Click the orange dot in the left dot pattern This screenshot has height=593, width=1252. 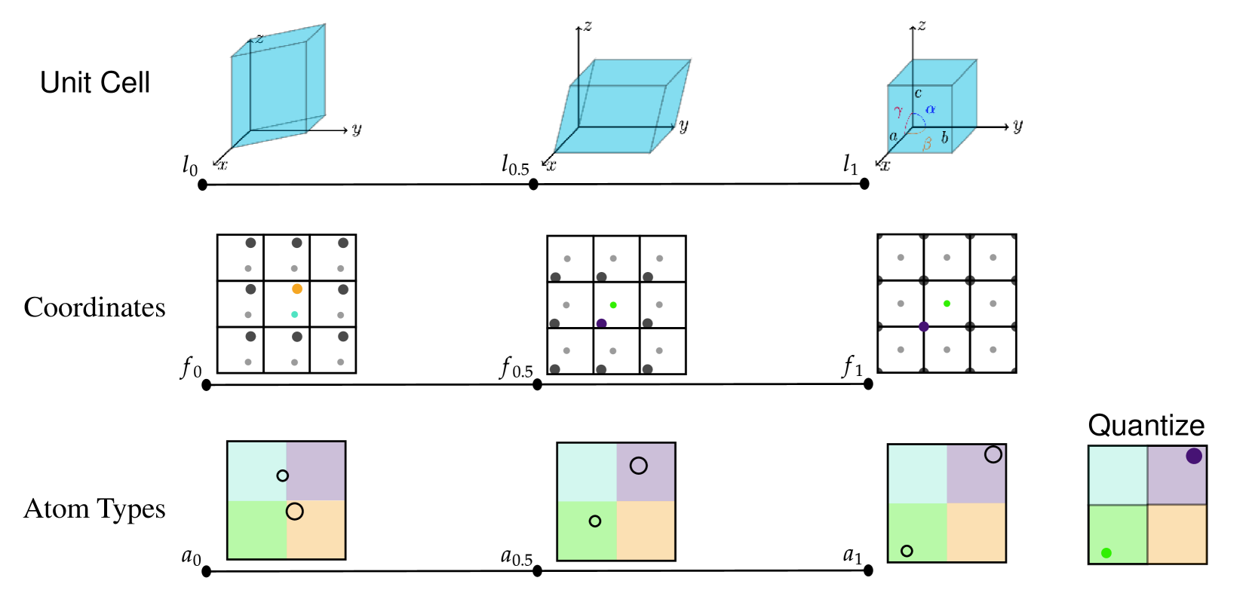click(297, 289)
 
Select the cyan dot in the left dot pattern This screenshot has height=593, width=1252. click(295, 314)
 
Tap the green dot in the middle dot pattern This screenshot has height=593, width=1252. click(613, 305)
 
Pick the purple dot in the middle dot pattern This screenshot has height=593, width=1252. click(601, 323)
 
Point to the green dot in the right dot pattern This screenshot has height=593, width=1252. click(947, 304)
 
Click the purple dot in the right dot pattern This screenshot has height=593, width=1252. click(924, 326)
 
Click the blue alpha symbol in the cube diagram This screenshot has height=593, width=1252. click(931, 109)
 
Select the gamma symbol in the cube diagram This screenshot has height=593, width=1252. click(898, 112)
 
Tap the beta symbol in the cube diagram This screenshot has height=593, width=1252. click(927, 143)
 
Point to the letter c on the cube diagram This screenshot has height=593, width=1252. click(918, 93)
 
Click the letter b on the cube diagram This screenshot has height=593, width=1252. click(944, 138)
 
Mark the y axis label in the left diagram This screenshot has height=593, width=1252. click(357, 130)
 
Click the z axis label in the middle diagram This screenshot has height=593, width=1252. click(588, 26)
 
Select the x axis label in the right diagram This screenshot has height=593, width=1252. click(885, 166)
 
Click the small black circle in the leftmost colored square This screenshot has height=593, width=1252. click(282, 475)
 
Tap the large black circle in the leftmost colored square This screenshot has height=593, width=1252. click(295, 512)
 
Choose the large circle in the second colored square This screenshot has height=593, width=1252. click(639, 466)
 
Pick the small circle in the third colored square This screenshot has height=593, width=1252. click(907, 551)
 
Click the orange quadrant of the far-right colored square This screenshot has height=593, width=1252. click(1177, 533)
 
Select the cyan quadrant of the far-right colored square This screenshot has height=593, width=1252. click(1118, 475)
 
